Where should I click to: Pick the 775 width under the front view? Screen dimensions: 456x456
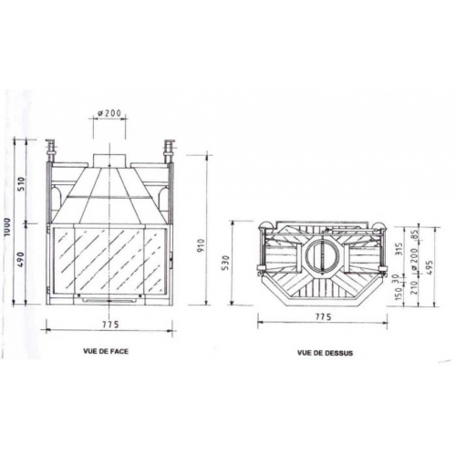[x=109, y=326]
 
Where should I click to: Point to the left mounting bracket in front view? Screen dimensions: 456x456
[x=51, y=148]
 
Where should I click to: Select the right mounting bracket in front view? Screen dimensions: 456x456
[x=168, y=148]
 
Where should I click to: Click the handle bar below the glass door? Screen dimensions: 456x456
[x=109, y=297]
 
